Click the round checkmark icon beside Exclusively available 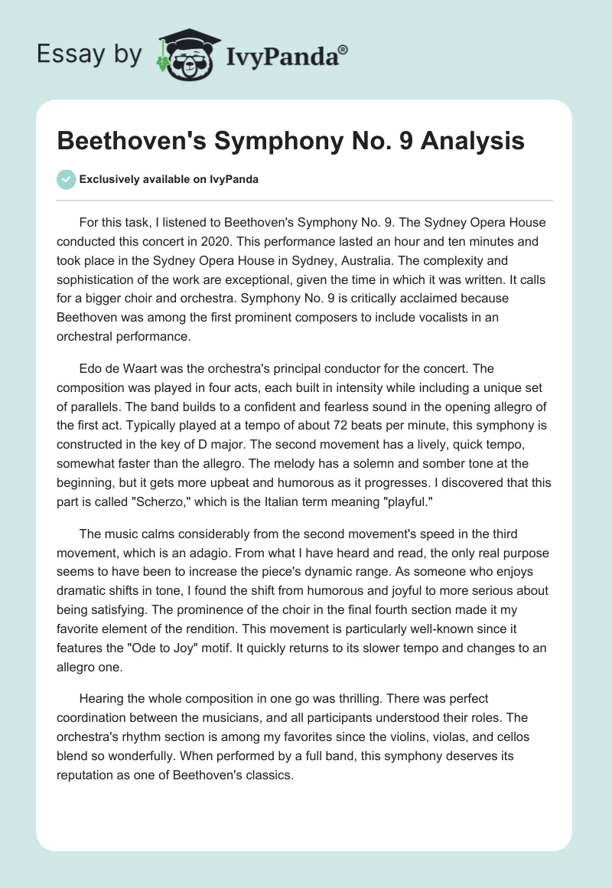pyautogui.click(x=66, y=179)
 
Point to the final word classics pyautogui.click(x=266, y=775)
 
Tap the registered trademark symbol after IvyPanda pyautogui.click(x=343, y=47)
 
